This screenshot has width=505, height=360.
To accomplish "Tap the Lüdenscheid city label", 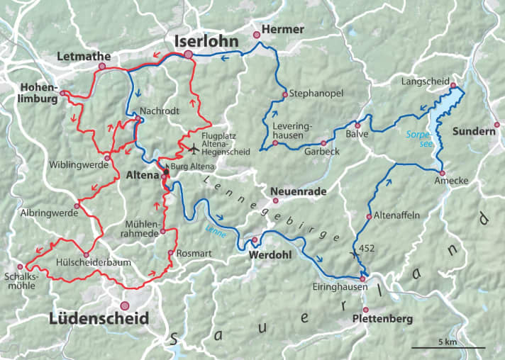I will pyautogui.click(x=99, y=319).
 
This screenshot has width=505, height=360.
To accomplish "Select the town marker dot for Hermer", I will pyautogui.click(x=257, y=34).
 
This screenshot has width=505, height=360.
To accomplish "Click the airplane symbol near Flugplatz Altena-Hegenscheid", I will pyautogui.click(x=195, y=147).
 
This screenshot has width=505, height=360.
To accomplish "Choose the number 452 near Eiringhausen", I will pyautogui.click(x=367, y=249).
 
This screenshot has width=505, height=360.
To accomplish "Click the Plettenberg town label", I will pyautogui.click(x=382, y=320).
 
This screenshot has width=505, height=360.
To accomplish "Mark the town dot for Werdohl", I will pyautogui.click(x=254, y=240).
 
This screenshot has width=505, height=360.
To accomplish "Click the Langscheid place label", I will pyautogui.click(x=422, y=81).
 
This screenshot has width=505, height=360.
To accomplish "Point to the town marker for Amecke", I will pyautogui.click(x=441, y=173).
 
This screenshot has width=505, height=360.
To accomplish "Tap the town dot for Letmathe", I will pyautogui.click(x=101, y=66).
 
